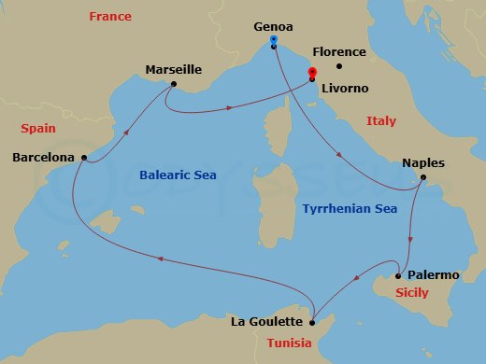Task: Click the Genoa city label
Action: tap(273, 28)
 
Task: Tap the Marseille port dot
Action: tap(173, 84)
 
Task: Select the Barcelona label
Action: tap(43, 158)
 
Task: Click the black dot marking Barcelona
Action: tap(85, 158)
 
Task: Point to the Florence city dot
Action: tap(339, 65)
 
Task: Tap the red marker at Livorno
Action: tap(312, 72)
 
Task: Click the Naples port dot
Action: tap(423, 177)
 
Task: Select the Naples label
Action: tap(422, 162)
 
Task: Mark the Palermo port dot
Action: tap(398, 275)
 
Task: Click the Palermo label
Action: tap(434, 275)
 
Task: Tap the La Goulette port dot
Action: tap(312, 322)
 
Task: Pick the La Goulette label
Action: tap(266, 322)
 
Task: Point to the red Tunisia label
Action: tap(289, 343)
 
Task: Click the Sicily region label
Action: tap(412, 293)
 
